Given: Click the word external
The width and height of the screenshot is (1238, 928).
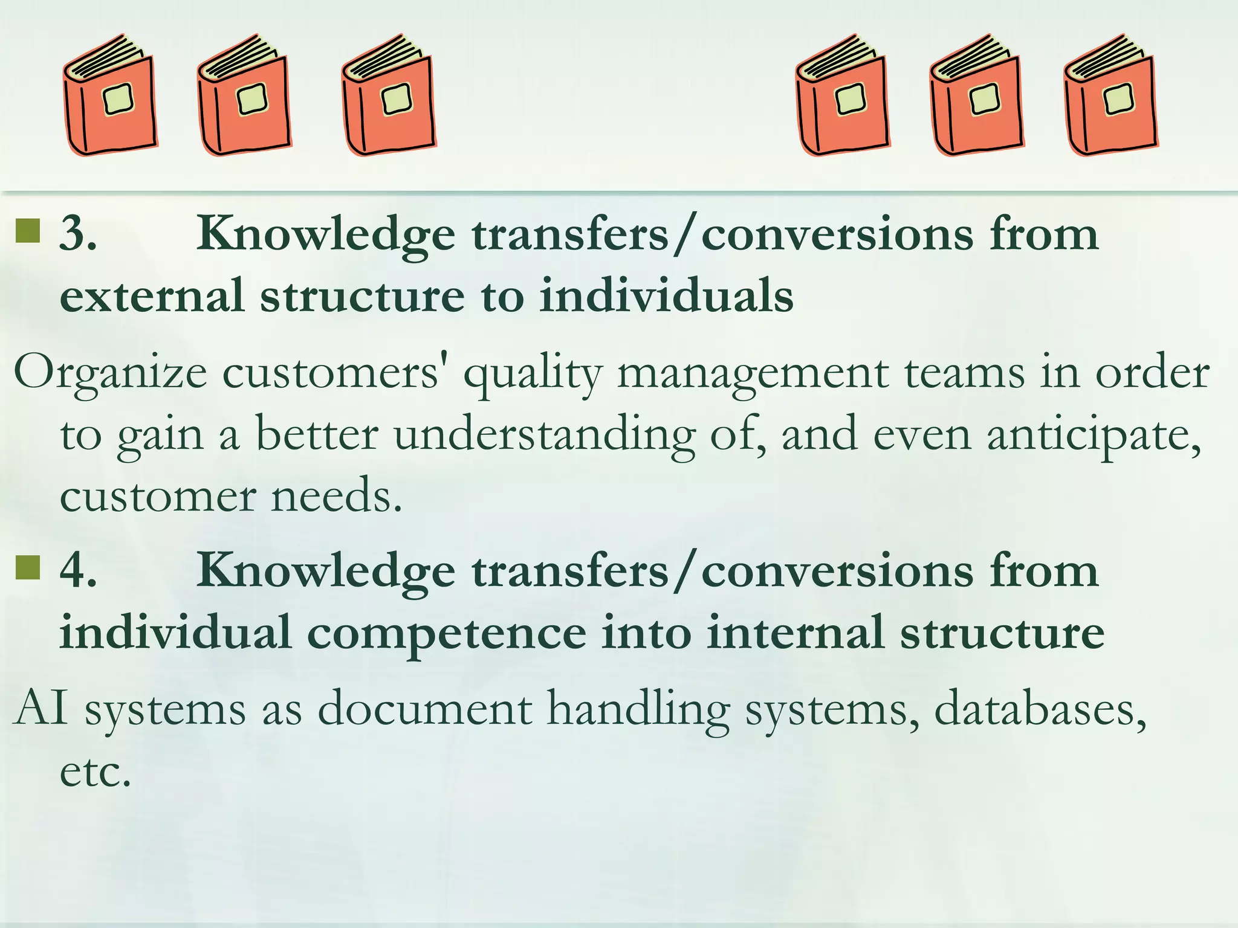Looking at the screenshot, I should [152, 296].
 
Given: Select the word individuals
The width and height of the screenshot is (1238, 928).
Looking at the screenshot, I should [666, 296].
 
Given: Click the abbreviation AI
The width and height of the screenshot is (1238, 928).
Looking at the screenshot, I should [41, 708].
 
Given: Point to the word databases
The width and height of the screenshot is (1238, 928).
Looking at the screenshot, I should [1040, 708].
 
